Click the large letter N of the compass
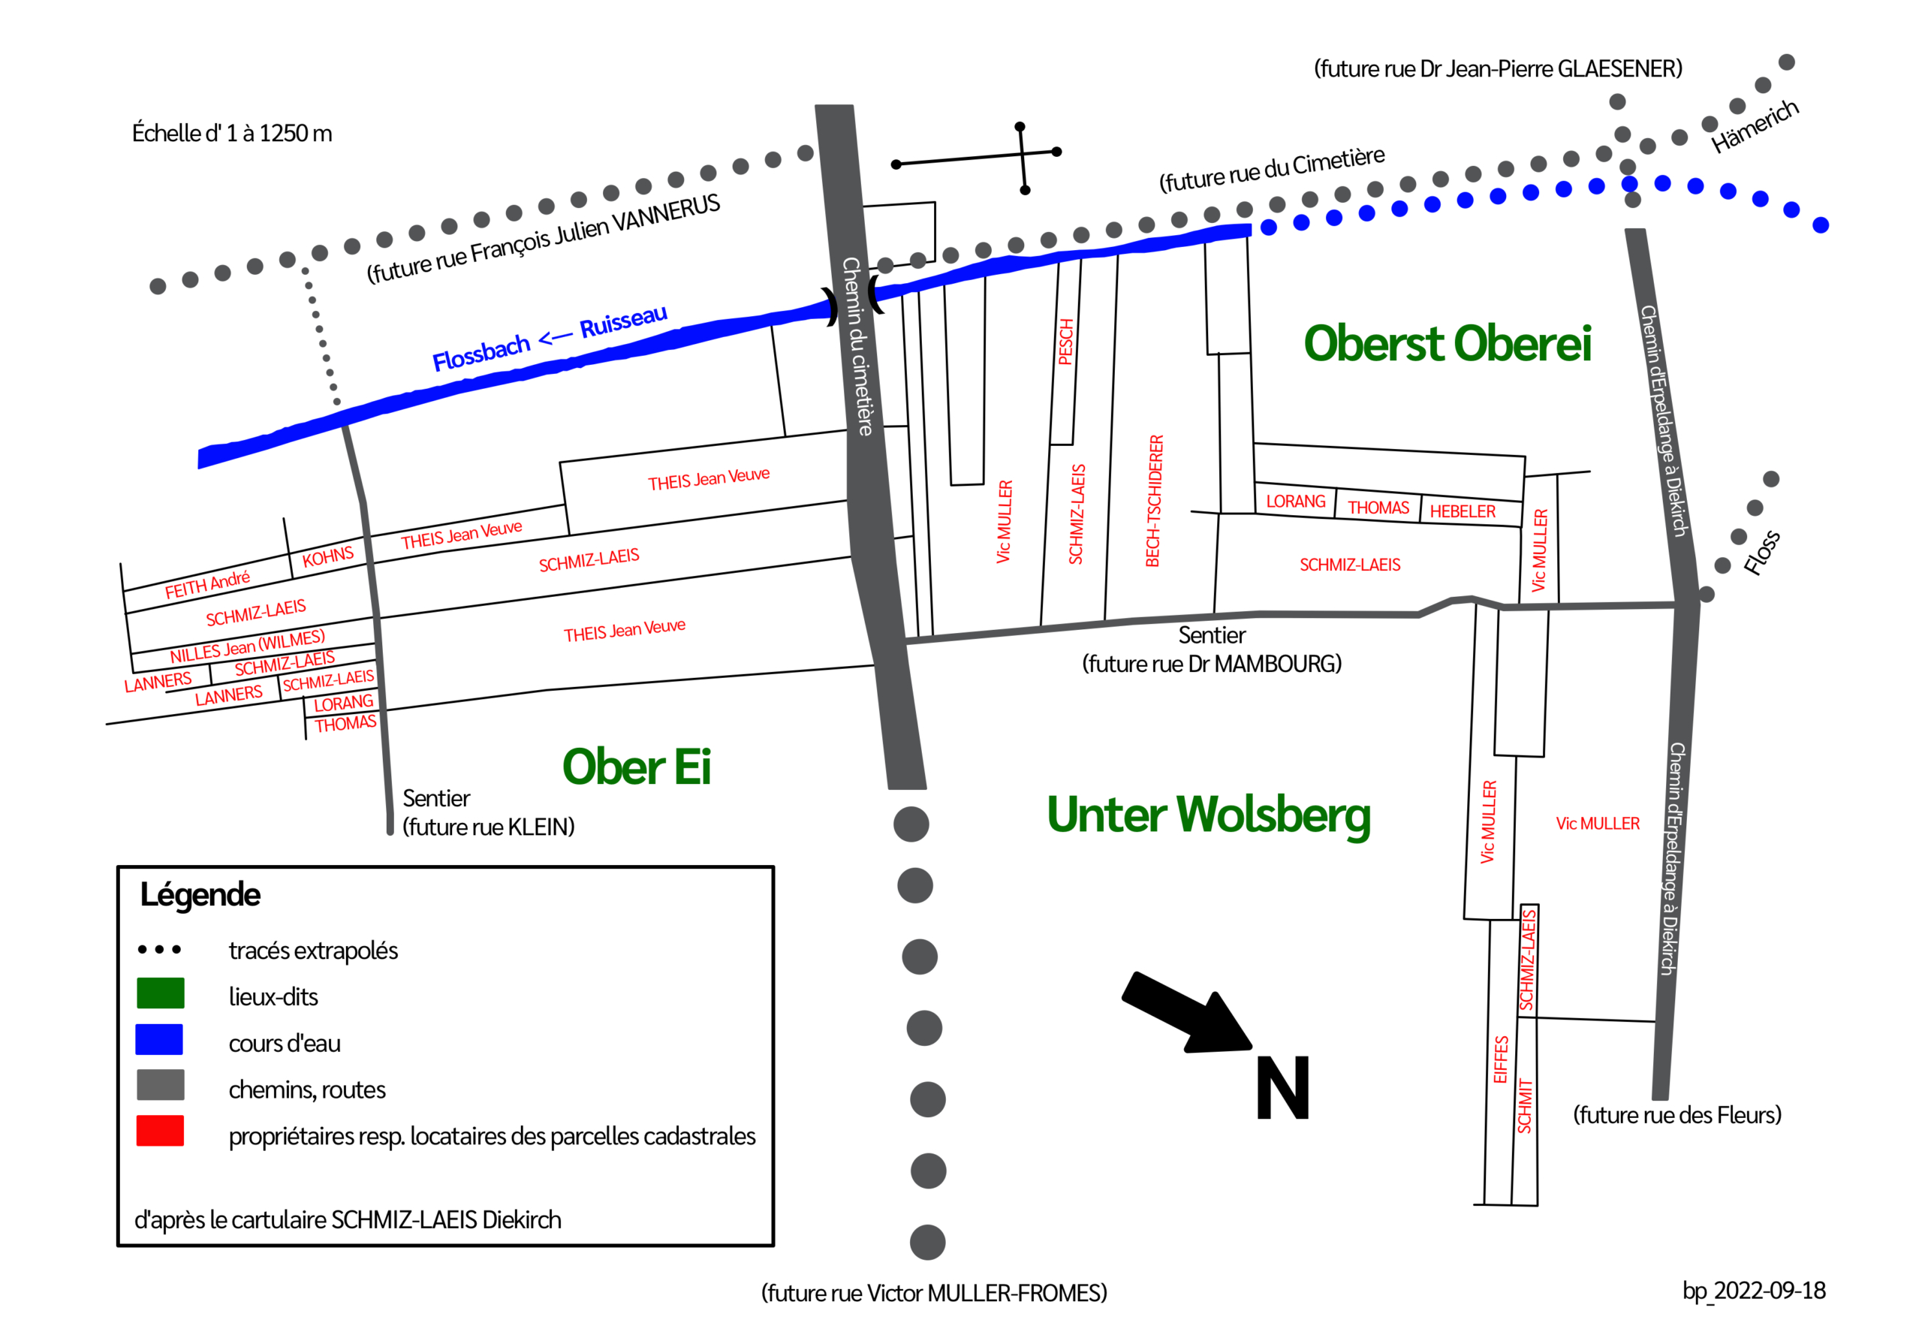click(x=1282, y=1088)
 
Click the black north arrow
click(x=1188, y=1012)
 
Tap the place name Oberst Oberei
click(x=1448, y=343)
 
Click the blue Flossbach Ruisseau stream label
click(x=550, y=337)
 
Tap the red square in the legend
click(x=160, y=1131)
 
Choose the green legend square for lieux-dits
click(x=160, y=993)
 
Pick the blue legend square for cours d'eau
click(x=159, y=1039)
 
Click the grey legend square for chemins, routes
click(x=160, y=1084)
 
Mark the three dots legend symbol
click(x=159, y=950)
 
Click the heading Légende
click(x=200, y=895)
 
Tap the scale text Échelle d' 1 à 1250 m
click(x=232, y=133)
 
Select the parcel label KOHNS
click(x=328, y=557)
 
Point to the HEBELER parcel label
click(x=1463, y=511)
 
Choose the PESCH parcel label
click(x=1065, y=342)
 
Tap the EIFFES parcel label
click(x=1501, y=1059)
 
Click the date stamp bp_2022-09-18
click(x=1755, y=1291)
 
